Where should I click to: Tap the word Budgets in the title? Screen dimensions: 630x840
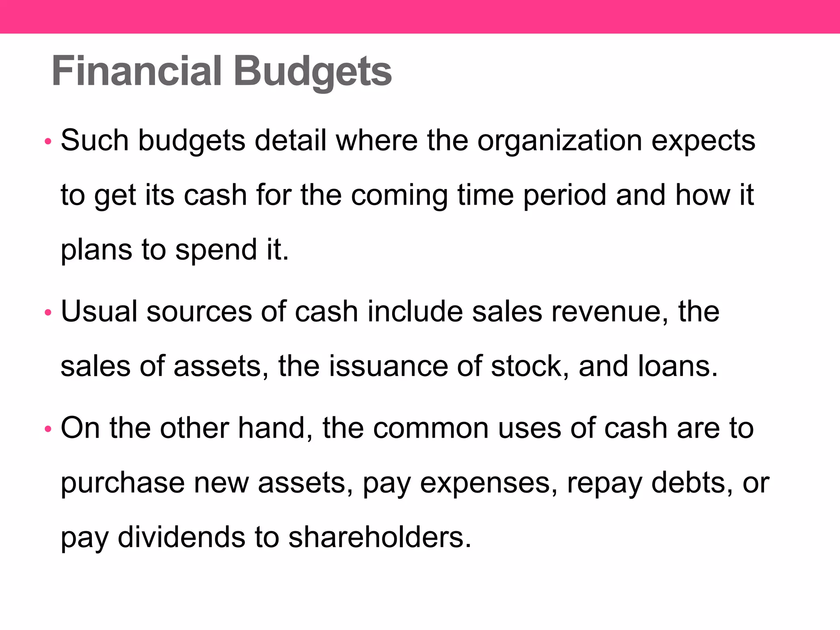[x=313, y=72]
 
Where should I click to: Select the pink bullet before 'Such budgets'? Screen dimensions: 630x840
[x=48, y=142]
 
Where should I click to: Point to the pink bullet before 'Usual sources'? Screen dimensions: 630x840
[x=48, y=313]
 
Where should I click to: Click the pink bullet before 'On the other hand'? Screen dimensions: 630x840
[x=48, y=429]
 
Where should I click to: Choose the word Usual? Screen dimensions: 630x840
[x=99, y=312]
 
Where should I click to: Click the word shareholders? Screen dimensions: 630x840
[x=379, y=538]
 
